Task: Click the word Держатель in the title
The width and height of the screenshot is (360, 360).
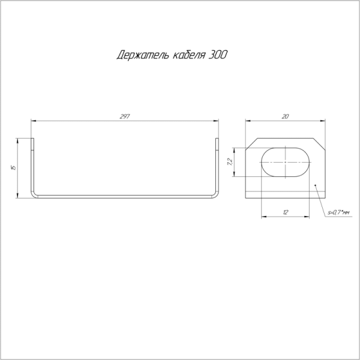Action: click(143, 55)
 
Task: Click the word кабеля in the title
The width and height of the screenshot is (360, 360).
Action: click(189, 55)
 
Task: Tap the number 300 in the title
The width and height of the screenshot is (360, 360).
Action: click(218, 55)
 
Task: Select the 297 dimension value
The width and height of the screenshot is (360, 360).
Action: click(125, 116)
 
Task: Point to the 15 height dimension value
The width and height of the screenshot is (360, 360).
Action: click(14, 167)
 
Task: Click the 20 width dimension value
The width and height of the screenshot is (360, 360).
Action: click(285, 116)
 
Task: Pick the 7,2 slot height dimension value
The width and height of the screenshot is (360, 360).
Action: click(230, 162)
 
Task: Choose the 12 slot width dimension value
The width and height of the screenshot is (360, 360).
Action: click(286, 212)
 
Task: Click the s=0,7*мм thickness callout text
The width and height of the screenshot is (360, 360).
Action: click(338, 213)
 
